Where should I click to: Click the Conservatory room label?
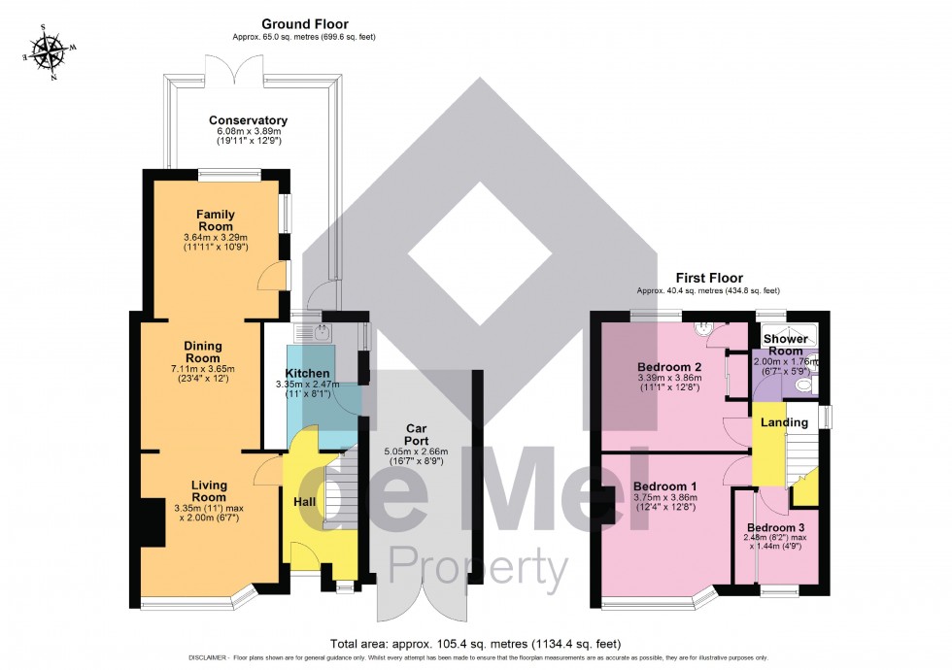[x=248, y=121]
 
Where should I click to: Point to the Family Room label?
[x=216, y=220]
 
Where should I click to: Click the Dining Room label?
[x=204, y=352]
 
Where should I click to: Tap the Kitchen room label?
[x=307, y=374]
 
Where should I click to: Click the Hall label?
[x=304, y=501]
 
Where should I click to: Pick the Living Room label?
[x=208, y=491]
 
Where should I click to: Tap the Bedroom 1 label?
[x=661, y=486]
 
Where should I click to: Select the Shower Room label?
[x=786, y=345]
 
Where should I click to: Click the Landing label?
[x=783, y=422]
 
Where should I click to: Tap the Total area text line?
[x=475, y=644]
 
